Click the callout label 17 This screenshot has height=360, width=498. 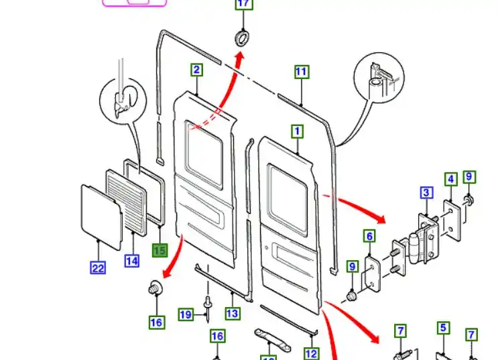coord(243,5)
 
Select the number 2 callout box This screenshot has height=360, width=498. coord(196,70)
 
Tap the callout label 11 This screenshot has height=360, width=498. coord(302,72)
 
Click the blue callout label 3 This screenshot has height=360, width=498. coord(426,194)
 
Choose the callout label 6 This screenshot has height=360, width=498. coord(369,236)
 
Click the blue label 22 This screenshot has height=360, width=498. coord(98,268)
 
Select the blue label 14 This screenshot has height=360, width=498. coord(131,260)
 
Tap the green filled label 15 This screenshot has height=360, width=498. coord(160,251)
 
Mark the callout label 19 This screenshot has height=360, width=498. coord(186,314)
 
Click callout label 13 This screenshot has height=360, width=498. coord(232,313)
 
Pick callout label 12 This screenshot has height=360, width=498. coord(311,353)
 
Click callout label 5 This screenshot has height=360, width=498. coord(443,328)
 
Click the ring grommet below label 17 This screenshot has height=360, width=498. coord(242,36)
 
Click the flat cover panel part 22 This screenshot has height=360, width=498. coord(100,213)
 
